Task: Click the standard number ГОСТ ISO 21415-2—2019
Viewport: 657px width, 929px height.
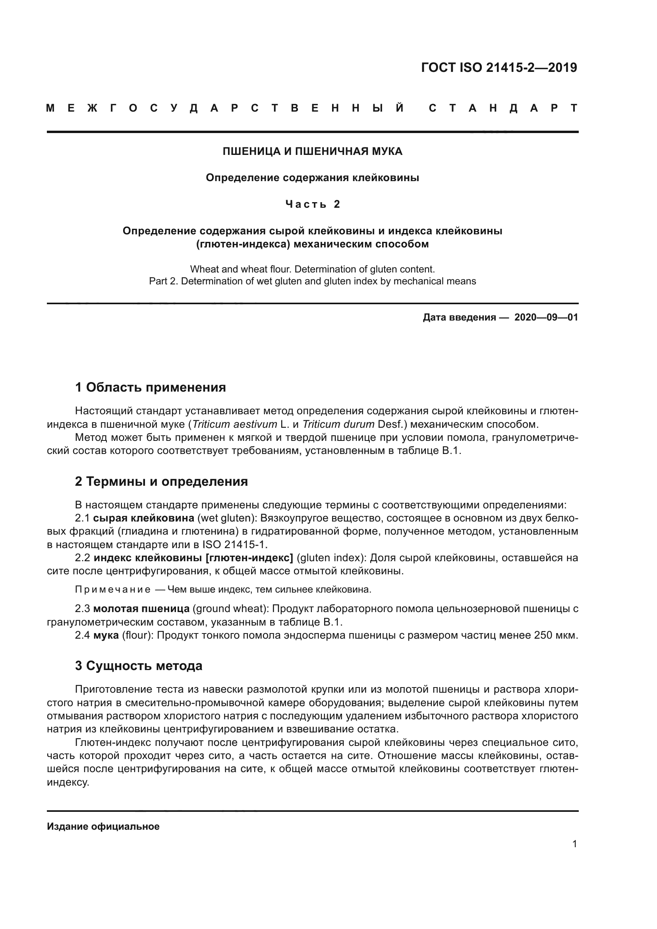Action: click(x=499, y=68)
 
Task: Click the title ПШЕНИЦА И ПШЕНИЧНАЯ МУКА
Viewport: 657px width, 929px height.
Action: click(x=312, y=151)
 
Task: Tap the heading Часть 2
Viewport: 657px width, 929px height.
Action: click(x=312, y=204)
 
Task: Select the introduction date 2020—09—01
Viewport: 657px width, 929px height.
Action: click(x=546, y=317)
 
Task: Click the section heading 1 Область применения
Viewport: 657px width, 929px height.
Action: click(x=150, y=387)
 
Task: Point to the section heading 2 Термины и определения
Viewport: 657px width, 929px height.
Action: click(x=161, y=481)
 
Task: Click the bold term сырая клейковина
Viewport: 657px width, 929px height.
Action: click(x=143, y=518)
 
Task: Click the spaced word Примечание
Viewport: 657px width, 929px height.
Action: click(x=113, y=589)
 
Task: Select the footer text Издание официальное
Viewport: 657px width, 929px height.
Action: click(x=103, y=827)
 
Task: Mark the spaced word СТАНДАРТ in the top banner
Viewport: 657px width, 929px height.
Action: click(x=503, y=108)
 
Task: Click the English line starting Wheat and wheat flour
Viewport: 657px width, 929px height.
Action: click(x=312, y=269)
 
